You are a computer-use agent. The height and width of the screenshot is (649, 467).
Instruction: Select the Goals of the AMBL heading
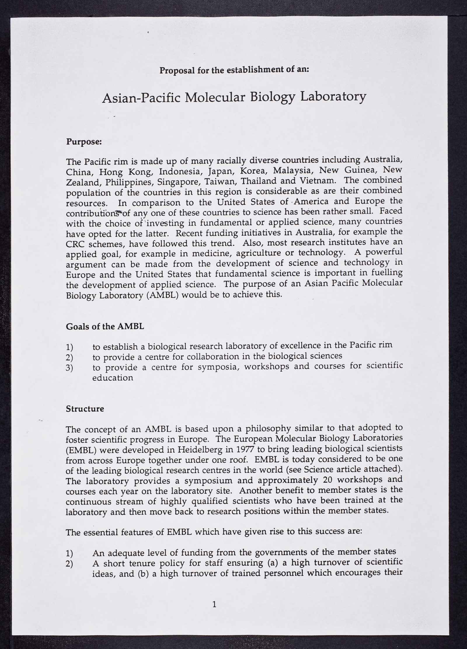pyautogui.click(x=105, y=327)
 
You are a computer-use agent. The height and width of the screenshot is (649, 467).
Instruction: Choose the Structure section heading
pyautogui.click(x=85, y=409)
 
